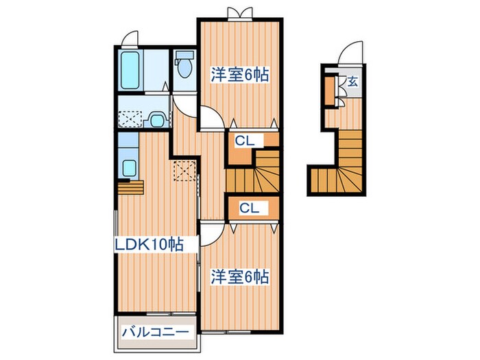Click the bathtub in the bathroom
pyautogui.click(x=132, y=71)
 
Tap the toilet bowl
pyautogui.click(x=183, y=67)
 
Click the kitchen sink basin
pyautogui.click(x=128, y=167)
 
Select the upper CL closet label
pyautogui.click(x=245, y=142)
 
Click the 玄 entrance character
pyautogui.click(x=352, y=82)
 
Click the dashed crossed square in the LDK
pyautogui.click(x=184, y=169)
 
